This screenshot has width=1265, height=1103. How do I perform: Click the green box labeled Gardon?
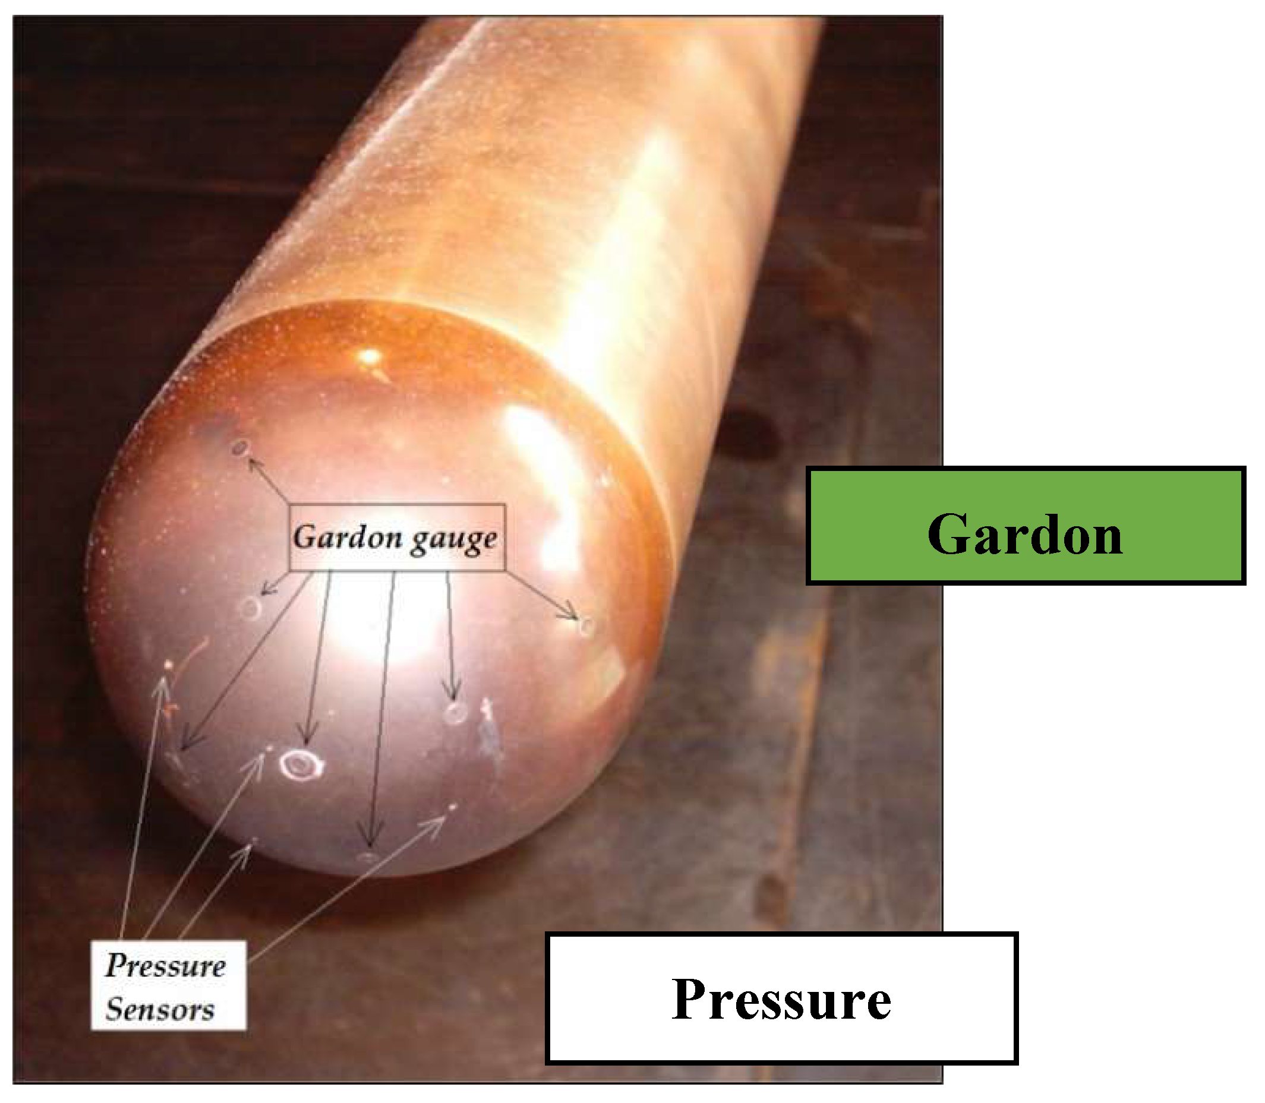[1026, 525]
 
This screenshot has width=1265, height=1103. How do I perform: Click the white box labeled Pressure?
[781, 998]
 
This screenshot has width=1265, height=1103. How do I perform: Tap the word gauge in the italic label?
[454, 539]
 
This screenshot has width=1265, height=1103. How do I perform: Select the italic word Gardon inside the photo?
[348, 538]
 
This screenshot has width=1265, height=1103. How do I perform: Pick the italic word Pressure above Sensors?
[166, 965]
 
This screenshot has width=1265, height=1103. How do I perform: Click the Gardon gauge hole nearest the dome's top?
[240, 447]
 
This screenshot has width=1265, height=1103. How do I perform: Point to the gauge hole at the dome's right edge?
[586, 627]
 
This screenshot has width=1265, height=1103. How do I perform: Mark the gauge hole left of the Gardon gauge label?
[251, 607]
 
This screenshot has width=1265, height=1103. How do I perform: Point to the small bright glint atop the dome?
[370, 356]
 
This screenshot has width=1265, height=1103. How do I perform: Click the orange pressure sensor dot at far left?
[169, 665]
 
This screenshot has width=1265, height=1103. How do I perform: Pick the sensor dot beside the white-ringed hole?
[270, 748]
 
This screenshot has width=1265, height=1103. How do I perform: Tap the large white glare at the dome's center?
[381, 634]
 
